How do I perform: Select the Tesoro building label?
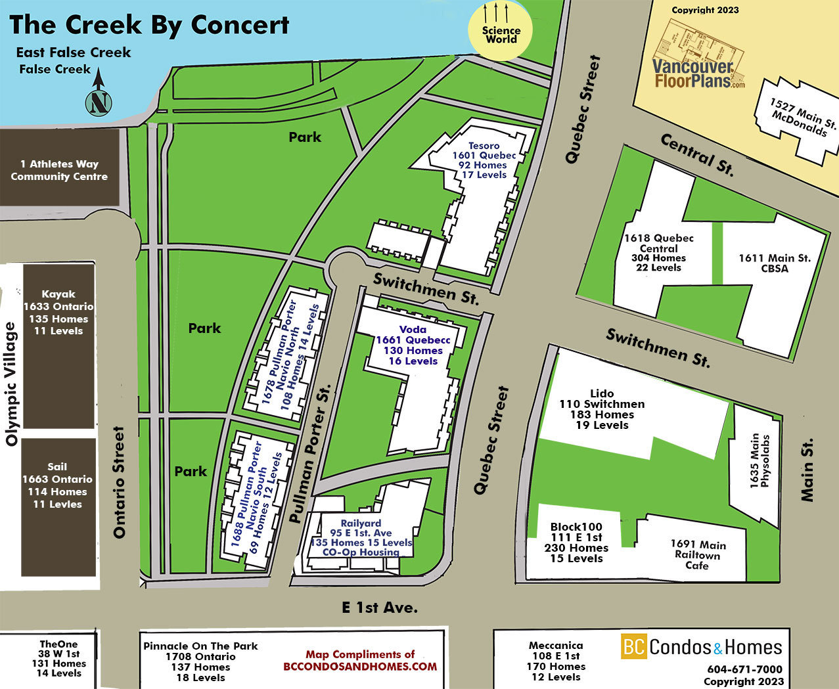[484, 160]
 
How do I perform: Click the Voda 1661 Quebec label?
[413, 345]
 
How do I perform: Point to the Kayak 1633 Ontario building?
[59, 346]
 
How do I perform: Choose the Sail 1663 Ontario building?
[58, 507]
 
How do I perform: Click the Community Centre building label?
[59, 170]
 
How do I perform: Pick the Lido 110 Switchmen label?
[602, 409]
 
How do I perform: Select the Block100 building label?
[576, 543]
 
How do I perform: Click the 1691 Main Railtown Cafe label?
[698, 554]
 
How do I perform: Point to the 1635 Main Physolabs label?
[760, 460]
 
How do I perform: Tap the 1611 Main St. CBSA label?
[775, 263]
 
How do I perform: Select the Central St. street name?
[697, 155]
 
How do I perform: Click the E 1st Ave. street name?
[380, 608]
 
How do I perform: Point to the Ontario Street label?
[119, 482]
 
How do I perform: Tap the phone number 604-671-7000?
[744, 669]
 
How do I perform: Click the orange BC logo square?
[634, 646]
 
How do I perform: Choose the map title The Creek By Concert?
[149, 26]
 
